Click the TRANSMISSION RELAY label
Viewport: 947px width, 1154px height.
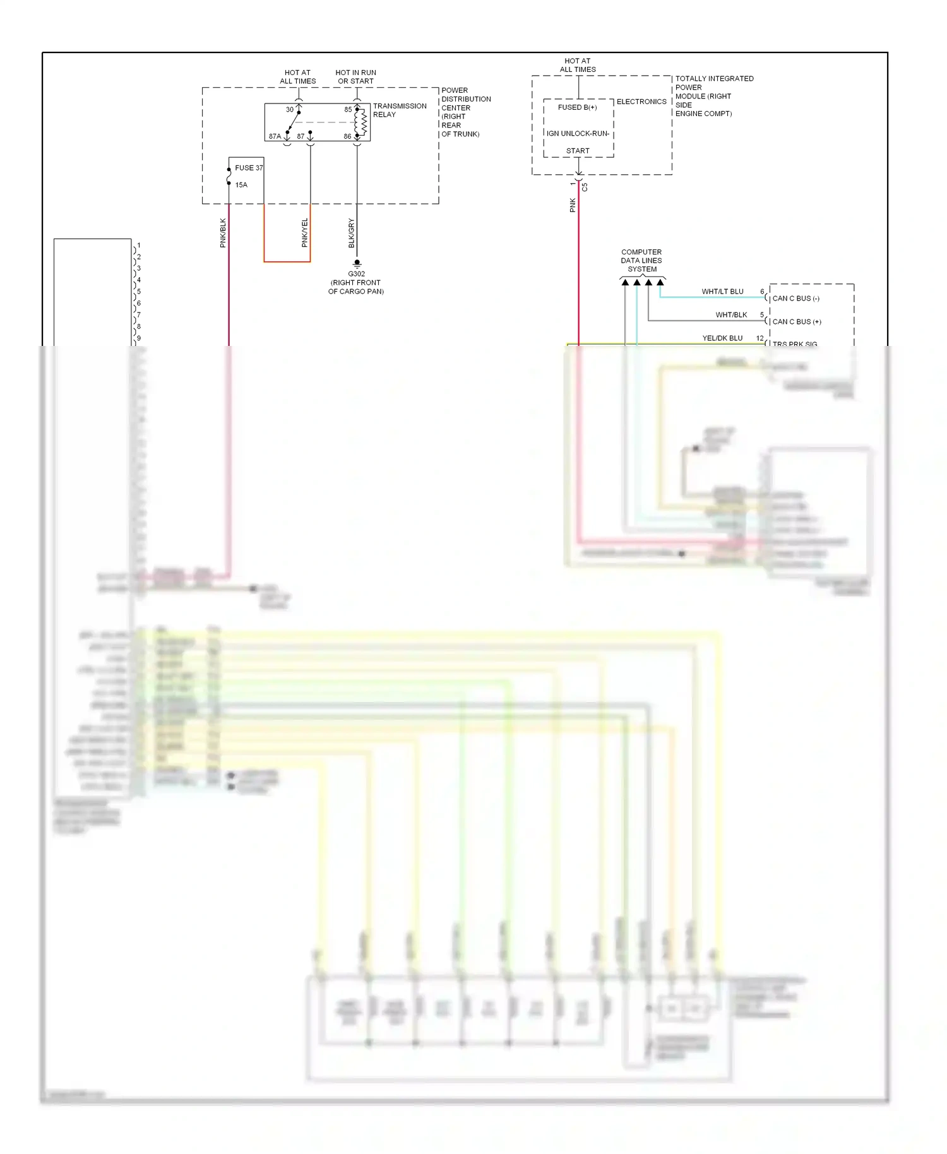(399, 110)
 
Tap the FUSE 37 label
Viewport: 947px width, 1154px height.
(249, 168)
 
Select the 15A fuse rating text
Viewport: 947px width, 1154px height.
(241, 185)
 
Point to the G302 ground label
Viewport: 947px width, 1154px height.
(356, 274)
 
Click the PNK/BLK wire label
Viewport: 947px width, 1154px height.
(223, 232)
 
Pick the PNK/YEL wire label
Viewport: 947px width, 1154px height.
(305, 232)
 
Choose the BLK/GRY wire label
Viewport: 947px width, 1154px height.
(352, 232)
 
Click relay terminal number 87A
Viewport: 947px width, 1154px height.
(275, 136)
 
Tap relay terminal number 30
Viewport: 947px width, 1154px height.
(290, 110)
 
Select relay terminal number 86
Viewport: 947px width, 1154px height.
(347, 136)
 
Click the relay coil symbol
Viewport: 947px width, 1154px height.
(363, 123)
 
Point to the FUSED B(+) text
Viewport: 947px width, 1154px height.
(577, 107)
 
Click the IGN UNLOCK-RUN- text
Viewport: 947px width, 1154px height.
(578, 134)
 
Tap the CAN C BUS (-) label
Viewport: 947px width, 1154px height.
(795, 299)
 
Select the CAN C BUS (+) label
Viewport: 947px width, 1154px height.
(797, 322)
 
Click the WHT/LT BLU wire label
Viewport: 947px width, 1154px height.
(722, 292)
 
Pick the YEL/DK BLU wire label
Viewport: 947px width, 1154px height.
(722, 338)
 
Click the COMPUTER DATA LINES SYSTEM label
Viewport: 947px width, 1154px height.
(641, 261)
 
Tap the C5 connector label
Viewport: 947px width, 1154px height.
(585, 187)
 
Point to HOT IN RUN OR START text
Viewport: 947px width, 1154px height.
(355, 77)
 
